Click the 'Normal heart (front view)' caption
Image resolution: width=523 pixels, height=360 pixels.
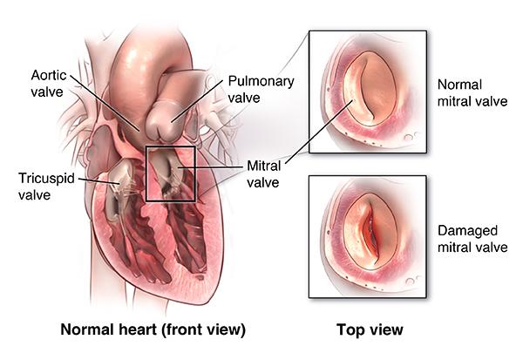point(152,330)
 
